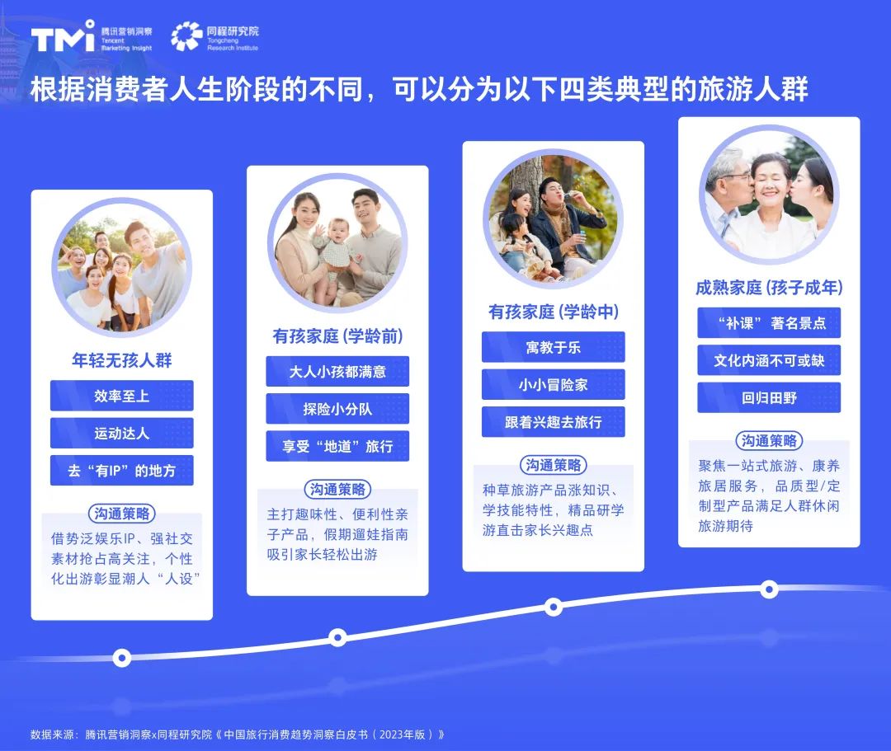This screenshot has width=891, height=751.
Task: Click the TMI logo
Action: pyautogui.click(x=63, y=37)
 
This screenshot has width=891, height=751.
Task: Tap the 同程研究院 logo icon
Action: pyautogui.click(x=186, y=36)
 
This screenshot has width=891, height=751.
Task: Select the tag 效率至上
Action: pyautogui.click(x=122, y=396)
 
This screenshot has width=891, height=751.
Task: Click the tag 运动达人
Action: pyautogui.click(x=122, y=434)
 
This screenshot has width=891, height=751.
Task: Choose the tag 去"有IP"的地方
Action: pyautogui.click(x=122, y=471)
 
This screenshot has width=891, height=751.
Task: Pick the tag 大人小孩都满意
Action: pyautogui.click(x=337, y=372)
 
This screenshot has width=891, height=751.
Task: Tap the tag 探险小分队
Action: pyautogui.click(x=337, y=409)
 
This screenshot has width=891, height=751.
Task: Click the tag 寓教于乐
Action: pyautogui.click(x=553, y=347)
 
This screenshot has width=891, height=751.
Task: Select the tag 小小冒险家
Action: pyautogui.click(x=553, y=384)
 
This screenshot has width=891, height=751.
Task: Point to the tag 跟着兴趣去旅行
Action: pyautogui.click(x=553, y=422)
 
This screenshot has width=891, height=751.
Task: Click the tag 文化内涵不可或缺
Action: pyautogui.click(x=769, y=360)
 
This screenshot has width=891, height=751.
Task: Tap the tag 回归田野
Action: pyautogui.click(x=769, y=398)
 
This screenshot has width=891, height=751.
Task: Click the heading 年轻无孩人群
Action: pyautogui.click(x=122, y=360)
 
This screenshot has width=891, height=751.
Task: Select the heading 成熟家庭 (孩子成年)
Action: pyautogui.click(x=769, y=288)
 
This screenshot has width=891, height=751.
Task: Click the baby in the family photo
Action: pyautogui.click(x=337, y=247)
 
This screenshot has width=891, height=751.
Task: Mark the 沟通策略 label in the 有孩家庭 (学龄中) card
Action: pyautogui.click(x=553, y=465)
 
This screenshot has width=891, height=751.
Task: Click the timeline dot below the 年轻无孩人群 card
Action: pyautogui.click(x=122, y=658)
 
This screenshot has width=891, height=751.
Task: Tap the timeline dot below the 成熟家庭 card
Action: pyautogui.click(x=769, y=589)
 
